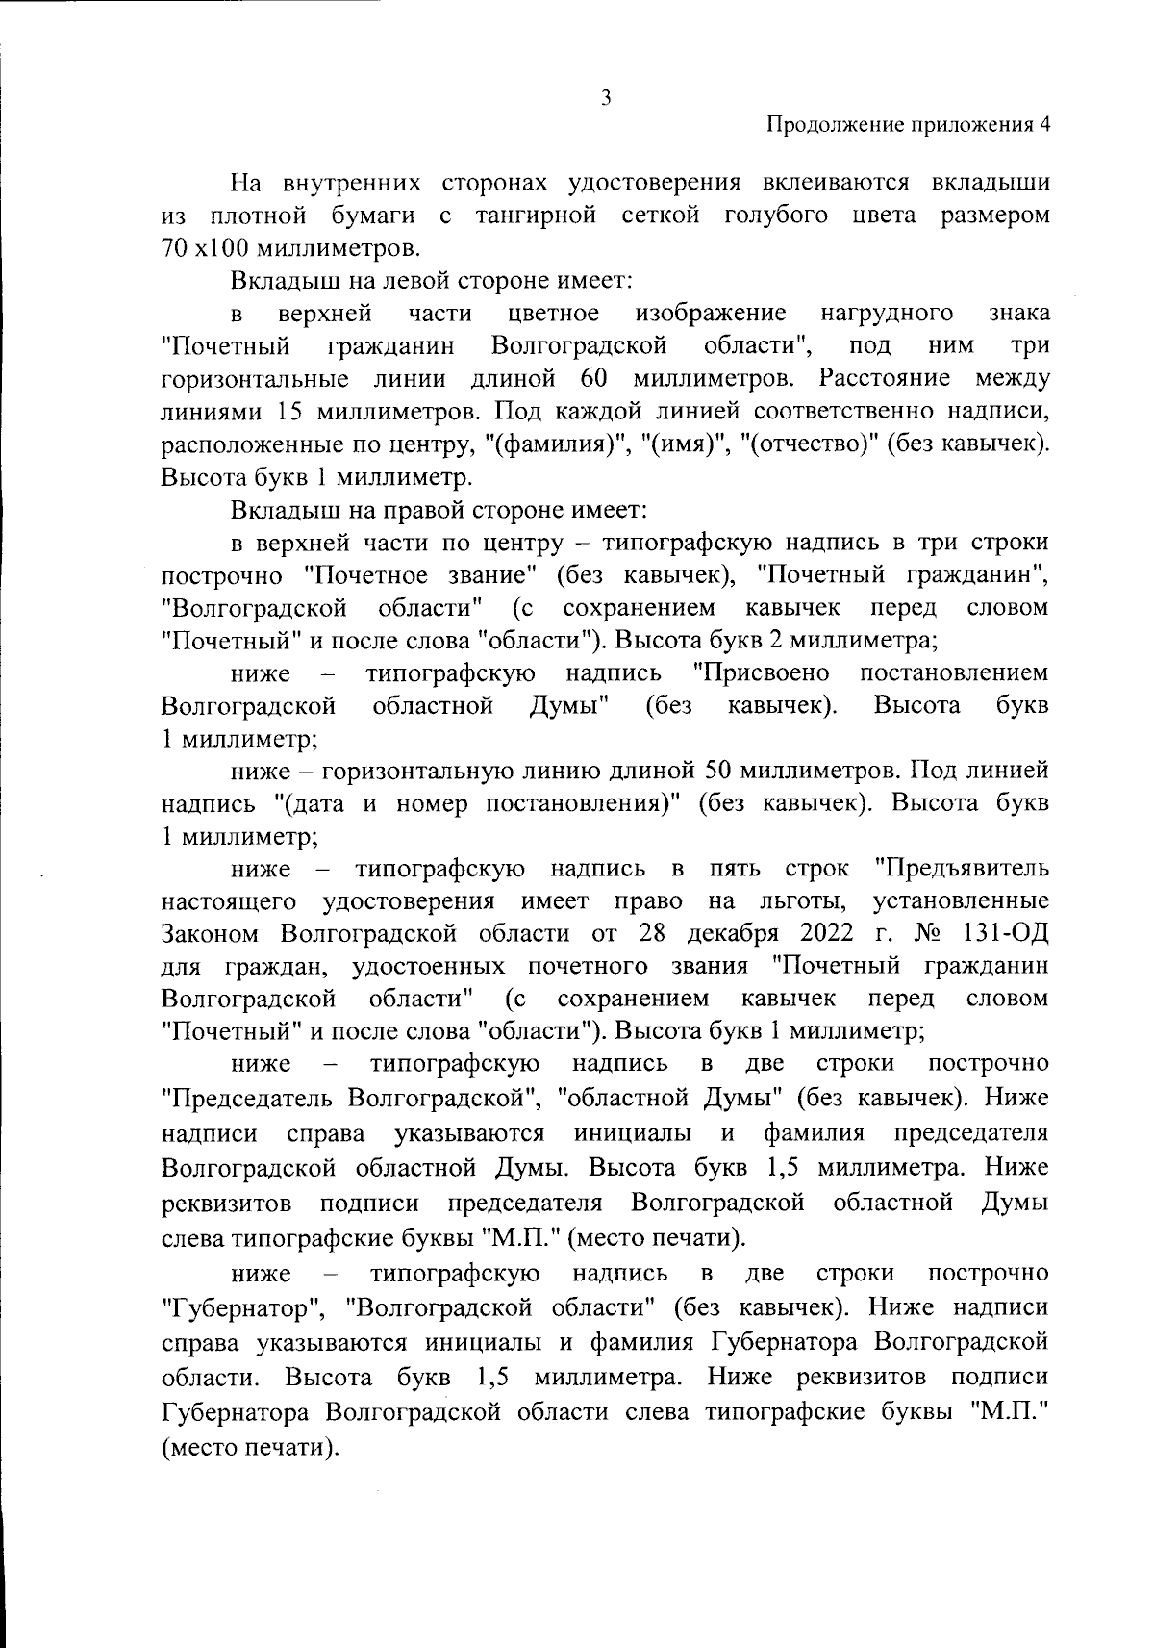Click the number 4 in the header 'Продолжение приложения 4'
[x=1043, y=125]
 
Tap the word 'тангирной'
[x=536, y=215]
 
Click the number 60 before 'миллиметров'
[x=591, y=378]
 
